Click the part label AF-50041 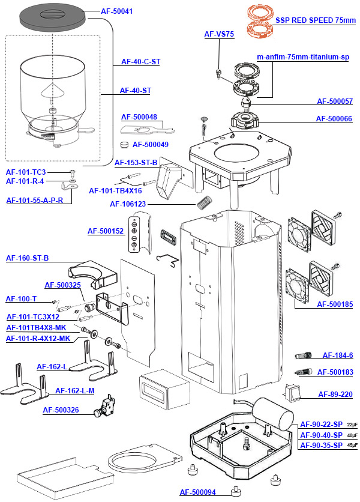[118, 11]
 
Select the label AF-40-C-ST [140, 61]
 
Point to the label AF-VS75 [219, 34]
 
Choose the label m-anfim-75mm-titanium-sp [303, 56]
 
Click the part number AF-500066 [334, 119]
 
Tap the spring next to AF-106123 [206, 203]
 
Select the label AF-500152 [105, 231]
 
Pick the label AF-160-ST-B [27, 258]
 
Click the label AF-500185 [334, 304]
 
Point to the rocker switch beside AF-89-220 [292, 394]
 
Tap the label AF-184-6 [337, 355]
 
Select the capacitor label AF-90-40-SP [321, 435]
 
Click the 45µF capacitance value [352, 445]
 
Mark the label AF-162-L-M [74, 391]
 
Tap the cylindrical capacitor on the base [273, 414]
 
